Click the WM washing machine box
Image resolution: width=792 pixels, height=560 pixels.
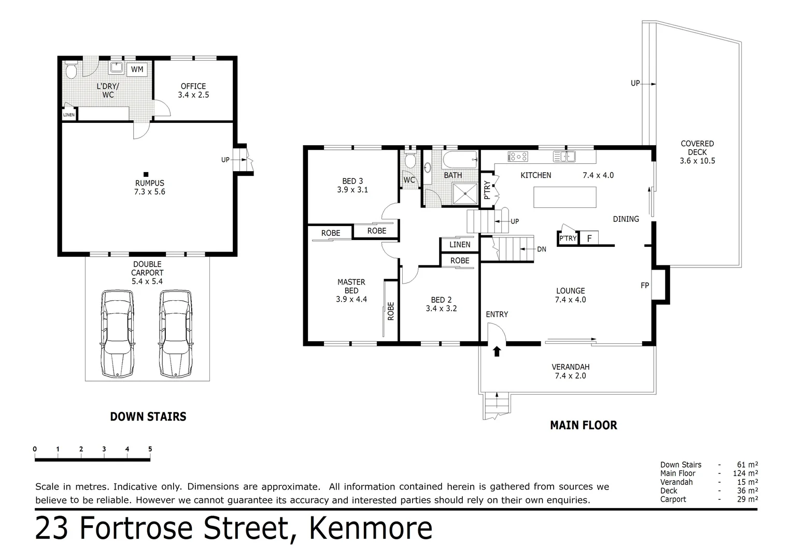pos(137,69)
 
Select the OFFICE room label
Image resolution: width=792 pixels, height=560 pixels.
pos(193,87)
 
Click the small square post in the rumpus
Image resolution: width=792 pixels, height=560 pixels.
pos(146,174)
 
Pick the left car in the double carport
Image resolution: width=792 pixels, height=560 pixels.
pos(118,333)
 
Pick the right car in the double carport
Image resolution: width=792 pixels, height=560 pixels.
pos(175,333)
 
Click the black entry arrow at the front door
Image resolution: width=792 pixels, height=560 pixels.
pos(497,352)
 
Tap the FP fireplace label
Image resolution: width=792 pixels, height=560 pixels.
pos(645,285)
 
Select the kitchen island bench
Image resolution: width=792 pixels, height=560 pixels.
pos(564,197)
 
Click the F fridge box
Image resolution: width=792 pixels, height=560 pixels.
pos(589,239)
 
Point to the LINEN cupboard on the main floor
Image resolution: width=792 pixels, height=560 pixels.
pos(460,245)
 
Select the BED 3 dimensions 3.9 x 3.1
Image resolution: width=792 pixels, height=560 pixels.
pos(352,190)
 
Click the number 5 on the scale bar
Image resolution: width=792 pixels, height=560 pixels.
pos(150,450)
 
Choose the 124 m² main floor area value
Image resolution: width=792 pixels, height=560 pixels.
pos(746,473)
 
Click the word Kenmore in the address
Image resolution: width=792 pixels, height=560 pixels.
pos(370,528)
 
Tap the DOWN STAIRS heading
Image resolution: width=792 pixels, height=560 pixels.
pos(148,416)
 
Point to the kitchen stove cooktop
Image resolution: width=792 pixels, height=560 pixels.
pos(518,156)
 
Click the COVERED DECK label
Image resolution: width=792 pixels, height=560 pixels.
pos(697,148)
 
